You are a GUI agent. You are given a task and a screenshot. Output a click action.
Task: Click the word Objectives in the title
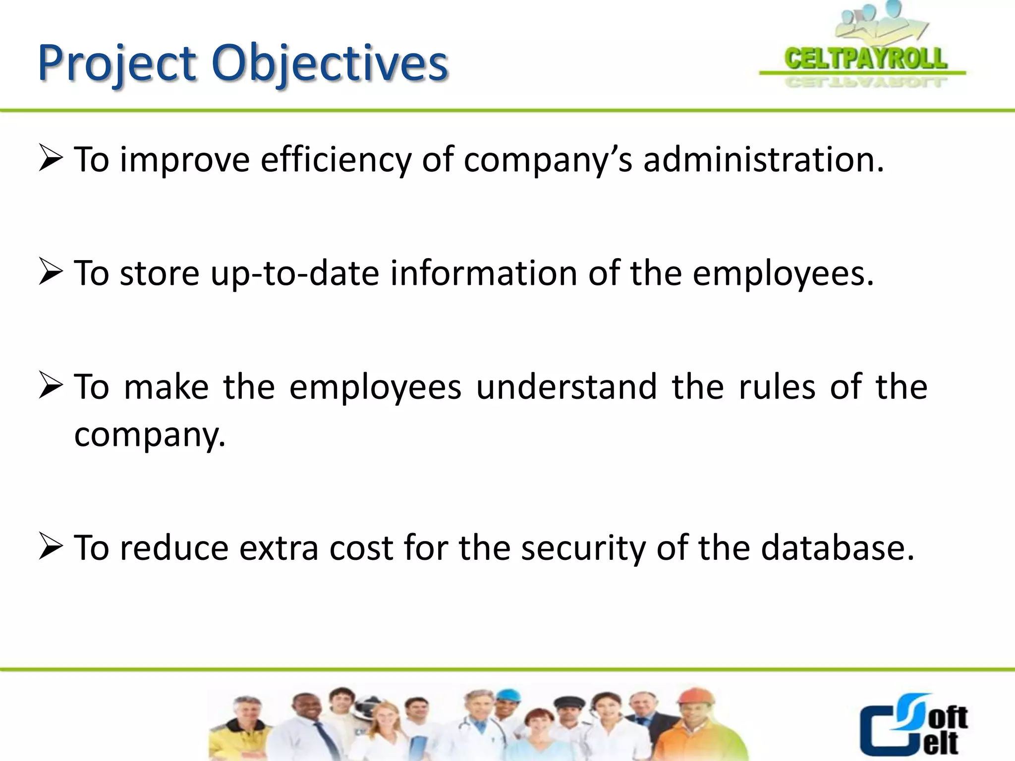(x=330, y=64)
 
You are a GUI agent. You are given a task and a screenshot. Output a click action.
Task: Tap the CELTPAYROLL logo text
(x=865, y=58)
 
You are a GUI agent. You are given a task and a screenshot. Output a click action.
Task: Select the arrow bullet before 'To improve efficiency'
(x=51, y=160)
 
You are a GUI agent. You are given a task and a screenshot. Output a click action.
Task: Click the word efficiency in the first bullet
(x=336, y=161)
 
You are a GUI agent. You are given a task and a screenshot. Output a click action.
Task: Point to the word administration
(x=763, y=161)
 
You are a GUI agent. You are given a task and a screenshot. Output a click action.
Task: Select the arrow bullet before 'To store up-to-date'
(x=51, y=273)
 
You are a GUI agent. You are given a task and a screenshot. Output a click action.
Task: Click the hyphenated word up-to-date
(x=294, y=274)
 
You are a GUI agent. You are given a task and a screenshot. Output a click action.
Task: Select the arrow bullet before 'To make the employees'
(x=51, y=387)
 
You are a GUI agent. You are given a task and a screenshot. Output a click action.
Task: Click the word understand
(x=566, y=387)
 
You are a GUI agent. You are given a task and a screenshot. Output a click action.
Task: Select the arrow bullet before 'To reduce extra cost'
(x=51, y=548)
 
